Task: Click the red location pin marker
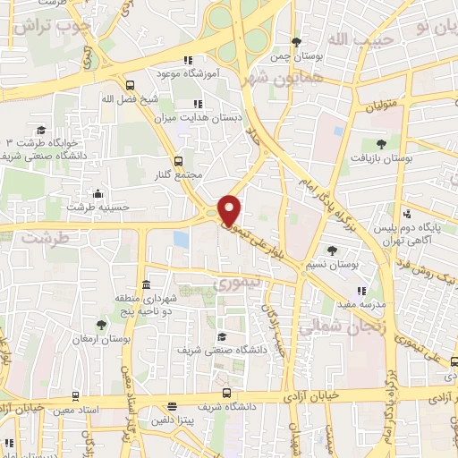[230, 210]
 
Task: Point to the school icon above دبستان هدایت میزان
[185, 104]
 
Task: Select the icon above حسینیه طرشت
[97, 193]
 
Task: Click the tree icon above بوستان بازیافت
[382, 143]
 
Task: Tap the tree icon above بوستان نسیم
[332, 250]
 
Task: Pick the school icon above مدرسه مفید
[361, 291]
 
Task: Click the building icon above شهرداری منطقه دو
[145, 283]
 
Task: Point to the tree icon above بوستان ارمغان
[100, 326]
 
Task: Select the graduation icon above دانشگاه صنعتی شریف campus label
[221, 336]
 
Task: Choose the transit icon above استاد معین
[74, 395]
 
